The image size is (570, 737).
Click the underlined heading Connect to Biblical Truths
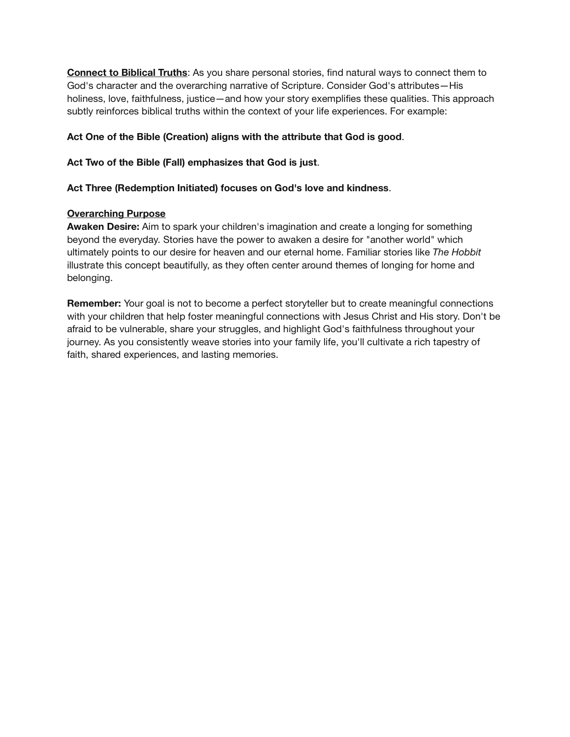pos(127,73)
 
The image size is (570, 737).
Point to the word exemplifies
pos(336,99)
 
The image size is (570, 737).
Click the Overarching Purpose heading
pos(116,214)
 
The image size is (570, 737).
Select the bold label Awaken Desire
pos(103,227)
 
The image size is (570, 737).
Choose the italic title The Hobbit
pos(456,252)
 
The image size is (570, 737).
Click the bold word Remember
pos(94,303)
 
